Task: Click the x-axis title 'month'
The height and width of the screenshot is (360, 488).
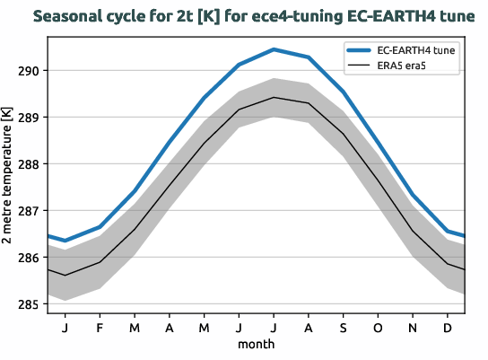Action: (x=256, y=344)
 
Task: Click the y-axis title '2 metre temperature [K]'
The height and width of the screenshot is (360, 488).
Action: (x=8, y=176)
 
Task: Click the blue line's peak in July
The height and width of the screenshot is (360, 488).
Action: (x=274, y=49)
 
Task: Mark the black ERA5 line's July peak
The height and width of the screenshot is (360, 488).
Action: (x=274, y=97)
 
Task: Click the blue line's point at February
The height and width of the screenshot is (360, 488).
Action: (x=100, y=227)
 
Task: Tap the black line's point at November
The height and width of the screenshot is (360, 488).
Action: (x=413, y=231)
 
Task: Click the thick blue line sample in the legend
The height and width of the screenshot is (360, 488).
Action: (x=365, y=51)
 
